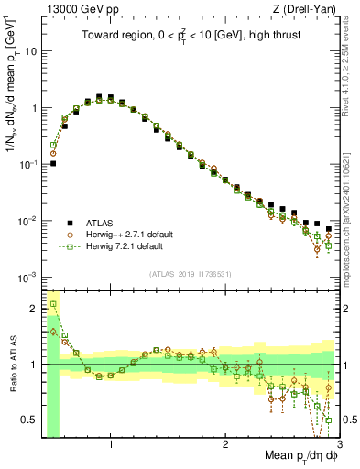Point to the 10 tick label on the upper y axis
point(30,51)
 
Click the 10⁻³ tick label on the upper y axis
point(28,277)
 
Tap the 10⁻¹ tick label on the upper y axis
point(28,164)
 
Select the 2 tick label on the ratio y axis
point(34,309)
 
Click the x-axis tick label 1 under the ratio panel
point(111,445)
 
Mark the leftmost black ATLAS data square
point(53,164)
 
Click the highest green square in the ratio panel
point(53,304)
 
